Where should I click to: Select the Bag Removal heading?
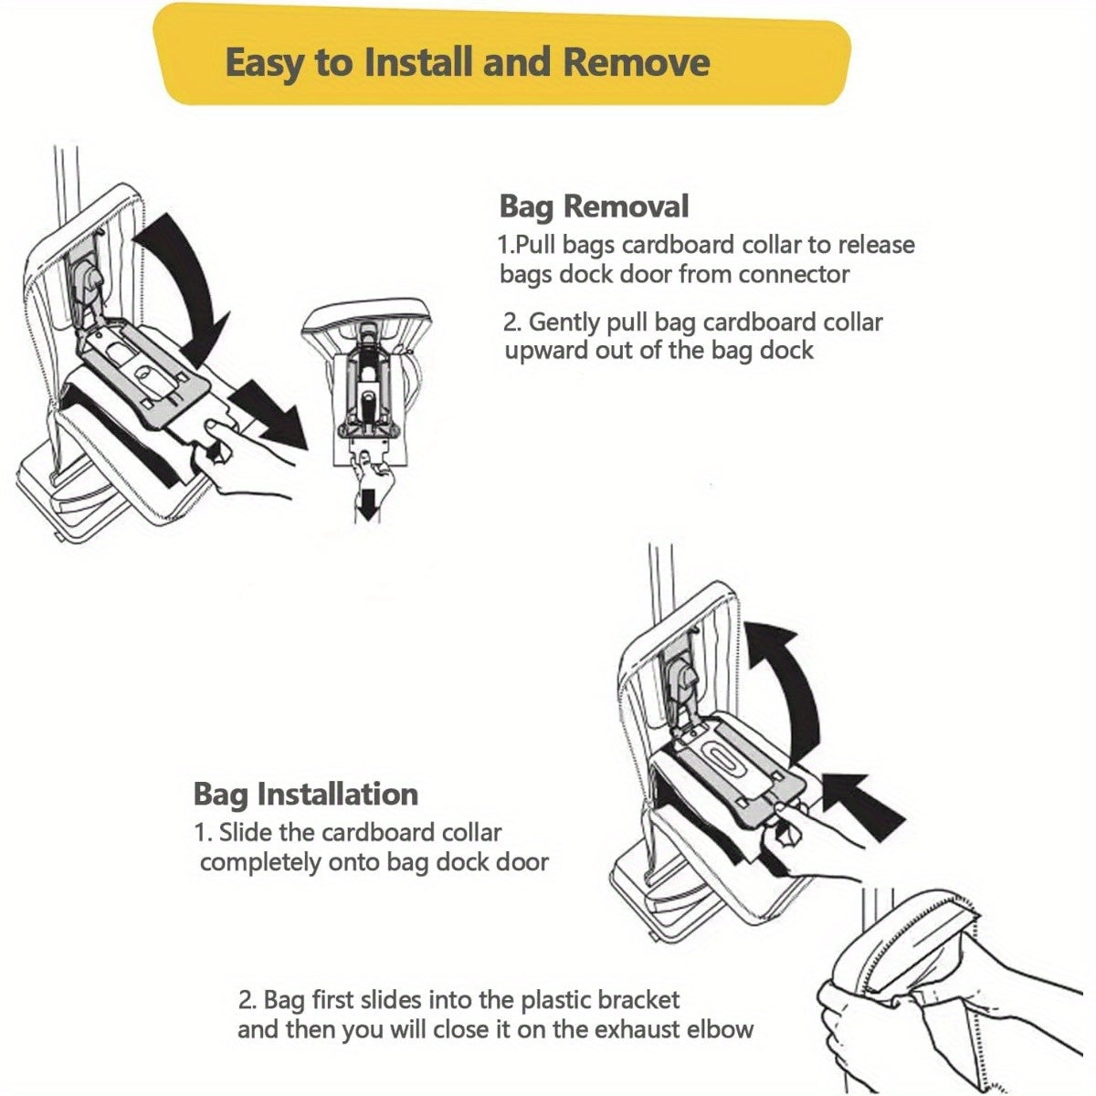[594, 206]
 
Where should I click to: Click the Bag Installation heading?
[305, 794]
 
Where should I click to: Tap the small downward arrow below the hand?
[367, 505]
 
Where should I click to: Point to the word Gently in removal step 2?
[570, 322]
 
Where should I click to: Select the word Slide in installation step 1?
[249, 833]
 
